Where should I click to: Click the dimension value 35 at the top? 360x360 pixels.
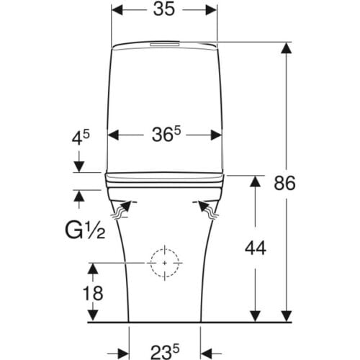point(164,10)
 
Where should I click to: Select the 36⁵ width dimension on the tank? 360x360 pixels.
point(166,134)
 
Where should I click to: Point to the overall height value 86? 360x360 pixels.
point(284,184)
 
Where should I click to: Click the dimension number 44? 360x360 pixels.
point(256,248)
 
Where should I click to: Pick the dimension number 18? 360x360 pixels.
point(93,293)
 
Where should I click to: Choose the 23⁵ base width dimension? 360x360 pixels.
point(165,351)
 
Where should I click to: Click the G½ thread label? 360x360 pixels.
point(85,230)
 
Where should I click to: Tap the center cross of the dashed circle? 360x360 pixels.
point(165,263)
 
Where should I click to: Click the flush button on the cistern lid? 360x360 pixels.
point(165,45)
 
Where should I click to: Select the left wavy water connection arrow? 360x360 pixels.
point(122,210)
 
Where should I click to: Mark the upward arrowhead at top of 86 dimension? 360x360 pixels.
point(287,48)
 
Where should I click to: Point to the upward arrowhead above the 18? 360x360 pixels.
point(93,269)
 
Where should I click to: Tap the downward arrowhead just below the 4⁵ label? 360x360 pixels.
point(79,166)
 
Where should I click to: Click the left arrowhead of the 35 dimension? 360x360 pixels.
point(117,10)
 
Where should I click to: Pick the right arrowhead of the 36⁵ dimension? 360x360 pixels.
point(216,135)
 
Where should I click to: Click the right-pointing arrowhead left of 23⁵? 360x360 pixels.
point(123,354)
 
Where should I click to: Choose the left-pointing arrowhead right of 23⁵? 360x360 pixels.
point(207,354)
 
